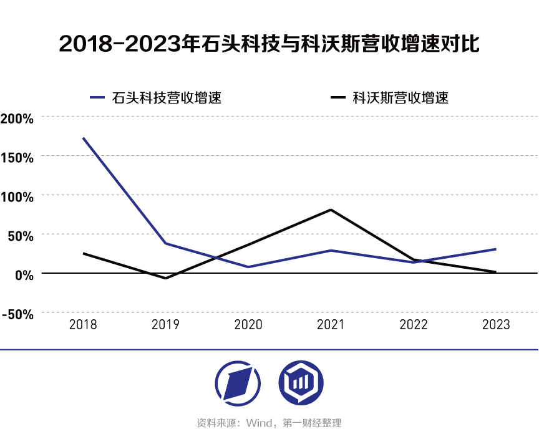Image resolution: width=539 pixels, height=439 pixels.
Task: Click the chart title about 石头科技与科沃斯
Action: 269,44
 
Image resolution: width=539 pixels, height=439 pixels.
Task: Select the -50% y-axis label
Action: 18,314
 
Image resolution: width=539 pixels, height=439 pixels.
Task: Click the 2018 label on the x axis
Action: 83,325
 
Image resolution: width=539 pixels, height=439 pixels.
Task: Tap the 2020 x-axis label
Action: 248,325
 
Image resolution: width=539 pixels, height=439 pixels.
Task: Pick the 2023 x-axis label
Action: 497,325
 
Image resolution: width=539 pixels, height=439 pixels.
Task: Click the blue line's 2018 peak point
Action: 83,138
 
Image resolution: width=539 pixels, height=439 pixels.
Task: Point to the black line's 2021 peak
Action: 331,210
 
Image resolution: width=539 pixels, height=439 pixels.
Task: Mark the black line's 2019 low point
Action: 165,278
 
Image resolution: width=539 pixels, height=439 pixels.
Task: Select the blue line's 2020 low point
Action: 248,267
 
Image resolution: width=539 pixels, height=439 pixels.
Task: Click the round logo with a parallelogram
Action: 238,382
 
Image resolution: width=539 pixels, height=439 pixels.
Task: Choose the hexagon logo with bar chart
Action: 301,382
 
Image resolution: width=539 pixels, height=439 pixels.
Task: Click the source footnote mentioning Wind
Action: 269,423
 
